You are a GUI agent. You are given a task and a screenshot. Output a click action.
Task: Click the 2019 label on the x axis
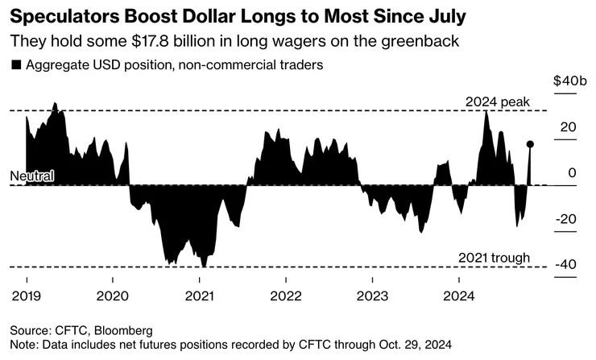[27, 296]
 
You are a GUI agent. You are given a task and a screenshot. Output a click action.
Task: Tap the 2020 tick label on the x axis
[113, 296]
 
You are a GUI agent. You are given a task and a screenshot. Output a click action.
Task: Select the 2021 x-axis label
[199, 296]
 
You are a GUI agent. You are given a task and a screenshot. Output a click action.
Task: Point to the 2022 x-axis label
[286, 296]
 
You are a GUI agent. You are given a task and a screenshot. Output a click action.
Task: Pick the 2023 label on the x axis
[372, 296]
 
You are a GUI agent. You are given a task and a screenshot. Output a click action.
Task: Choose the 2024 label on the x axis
[458, 296]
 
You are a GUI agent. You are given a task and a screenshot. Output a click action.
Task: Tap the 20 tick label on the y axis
[569, 126]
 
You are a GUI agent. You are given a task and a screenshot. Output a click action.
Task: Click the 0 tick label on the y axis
[573, 172]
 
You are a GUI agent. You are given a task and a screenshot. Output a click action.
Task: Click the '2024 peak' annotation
[498, 101]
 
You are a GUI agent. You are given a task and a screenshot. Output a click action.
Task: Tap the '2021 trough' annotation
[494, 258]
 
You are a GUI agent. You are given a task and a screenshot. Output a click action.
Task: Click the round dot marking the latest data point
[530, 144]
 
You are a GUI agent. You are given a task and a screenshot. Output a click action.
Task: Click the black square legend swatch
[16, 65]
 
